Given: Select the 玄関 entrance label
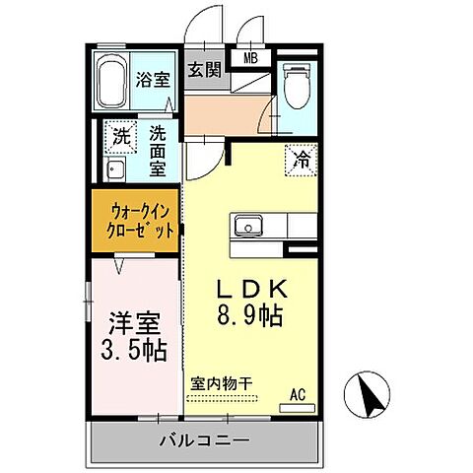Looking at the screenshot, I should tap(205, 69).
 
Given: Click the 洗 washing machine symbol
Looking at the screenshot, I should tap(120, 139).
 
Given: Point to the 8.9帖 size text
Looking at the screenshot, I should tap(251, 317).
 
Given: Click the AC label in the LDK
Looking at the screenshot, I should tap(297, 395).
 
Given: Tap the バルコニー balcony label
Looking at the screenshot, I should tap(204, 439).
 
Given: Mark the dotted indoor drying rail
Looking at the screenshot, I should tap(223, 398).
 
